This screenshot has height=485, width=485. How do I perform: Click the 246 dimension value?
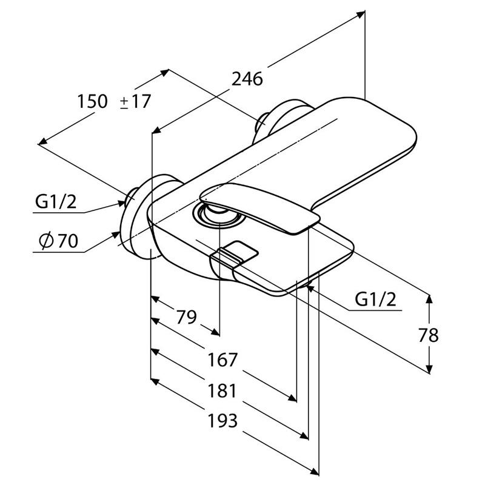(247, 79)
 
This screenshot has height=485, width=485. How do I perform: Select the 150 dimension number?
(92, 101)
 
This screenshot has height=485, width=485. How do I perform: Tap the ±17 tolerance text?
(135, 101)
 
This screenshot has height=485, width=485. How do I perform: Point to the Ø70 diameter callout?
(58, 241)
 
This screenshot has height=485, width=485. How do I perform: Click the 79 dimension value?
(187, 316)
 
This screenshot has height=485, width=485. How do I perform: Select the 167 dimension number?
(222, 360)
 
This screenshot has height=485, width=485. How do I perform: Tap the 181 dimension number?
(222, 391)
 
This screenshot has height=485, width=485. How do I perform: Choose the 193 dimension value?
(222, 421)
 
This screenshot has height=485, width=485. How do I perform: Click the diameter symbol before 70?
(45, 241)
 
